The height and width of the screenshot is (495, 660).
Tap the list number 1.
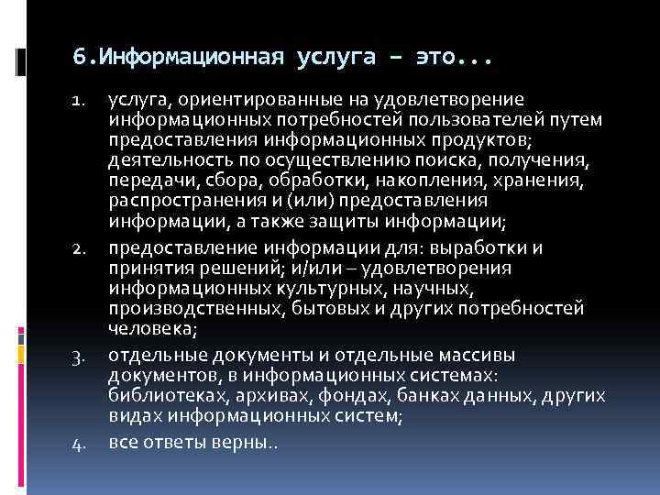80,100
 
